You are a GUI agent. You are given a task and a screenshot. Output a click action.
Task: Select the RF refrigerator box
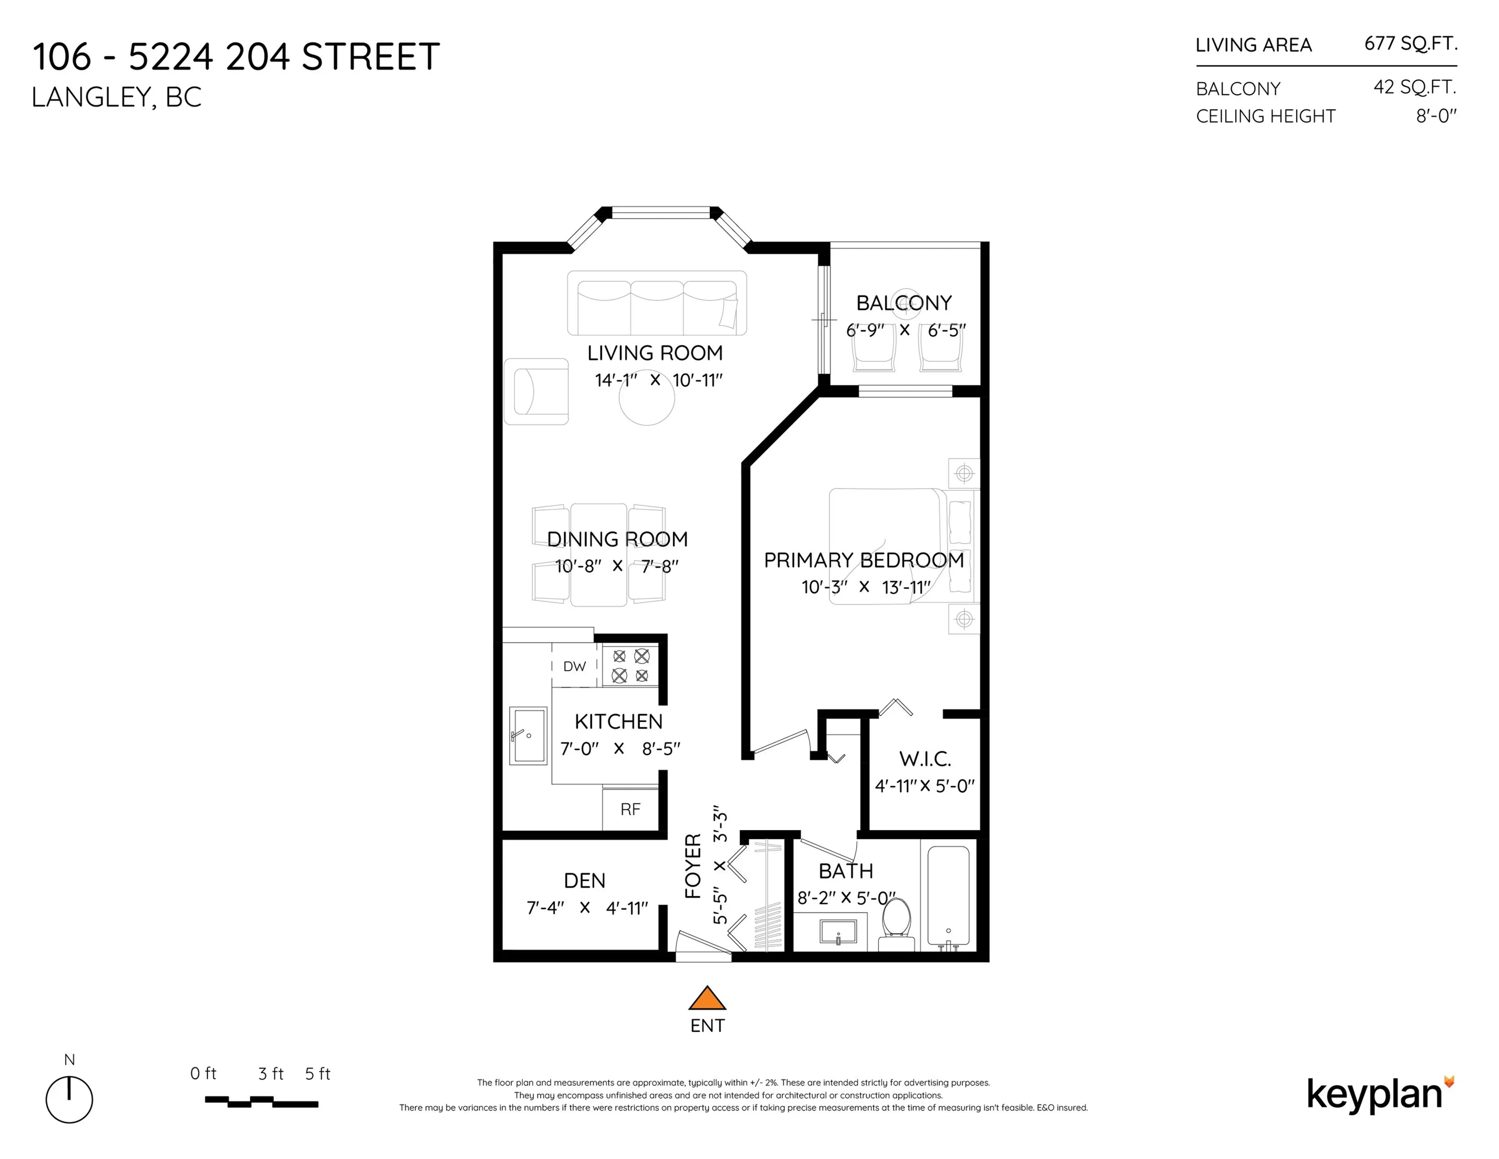click(630, 809)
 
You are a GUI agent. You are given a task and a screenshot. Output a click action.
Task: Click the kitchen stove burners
click(630, 665)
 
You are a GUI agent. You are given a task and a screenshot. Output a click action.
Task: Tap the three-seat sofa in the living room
click(657, 303)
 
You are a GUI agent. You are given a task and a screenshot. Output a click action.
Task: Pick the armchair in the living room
click(536, 391)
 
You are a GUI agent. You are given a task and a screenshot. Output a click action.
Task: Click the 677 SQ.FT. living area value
click(1410, 44)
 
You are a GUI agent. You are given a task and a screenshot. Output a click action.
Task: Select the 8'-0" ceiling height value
click(1436, 116)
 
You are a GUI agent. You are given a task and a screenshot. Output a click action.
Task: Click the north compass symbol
click(69, 1098)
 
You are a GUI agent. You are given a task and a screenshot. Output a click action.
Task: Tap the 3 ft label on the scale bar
click(271, 1074)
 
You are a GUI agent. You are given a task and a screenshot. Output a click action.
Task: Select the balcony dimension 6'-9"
click(865, 330)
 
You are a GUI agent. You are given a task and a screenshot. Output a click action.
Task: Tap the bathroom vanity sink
click(838, 933)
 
